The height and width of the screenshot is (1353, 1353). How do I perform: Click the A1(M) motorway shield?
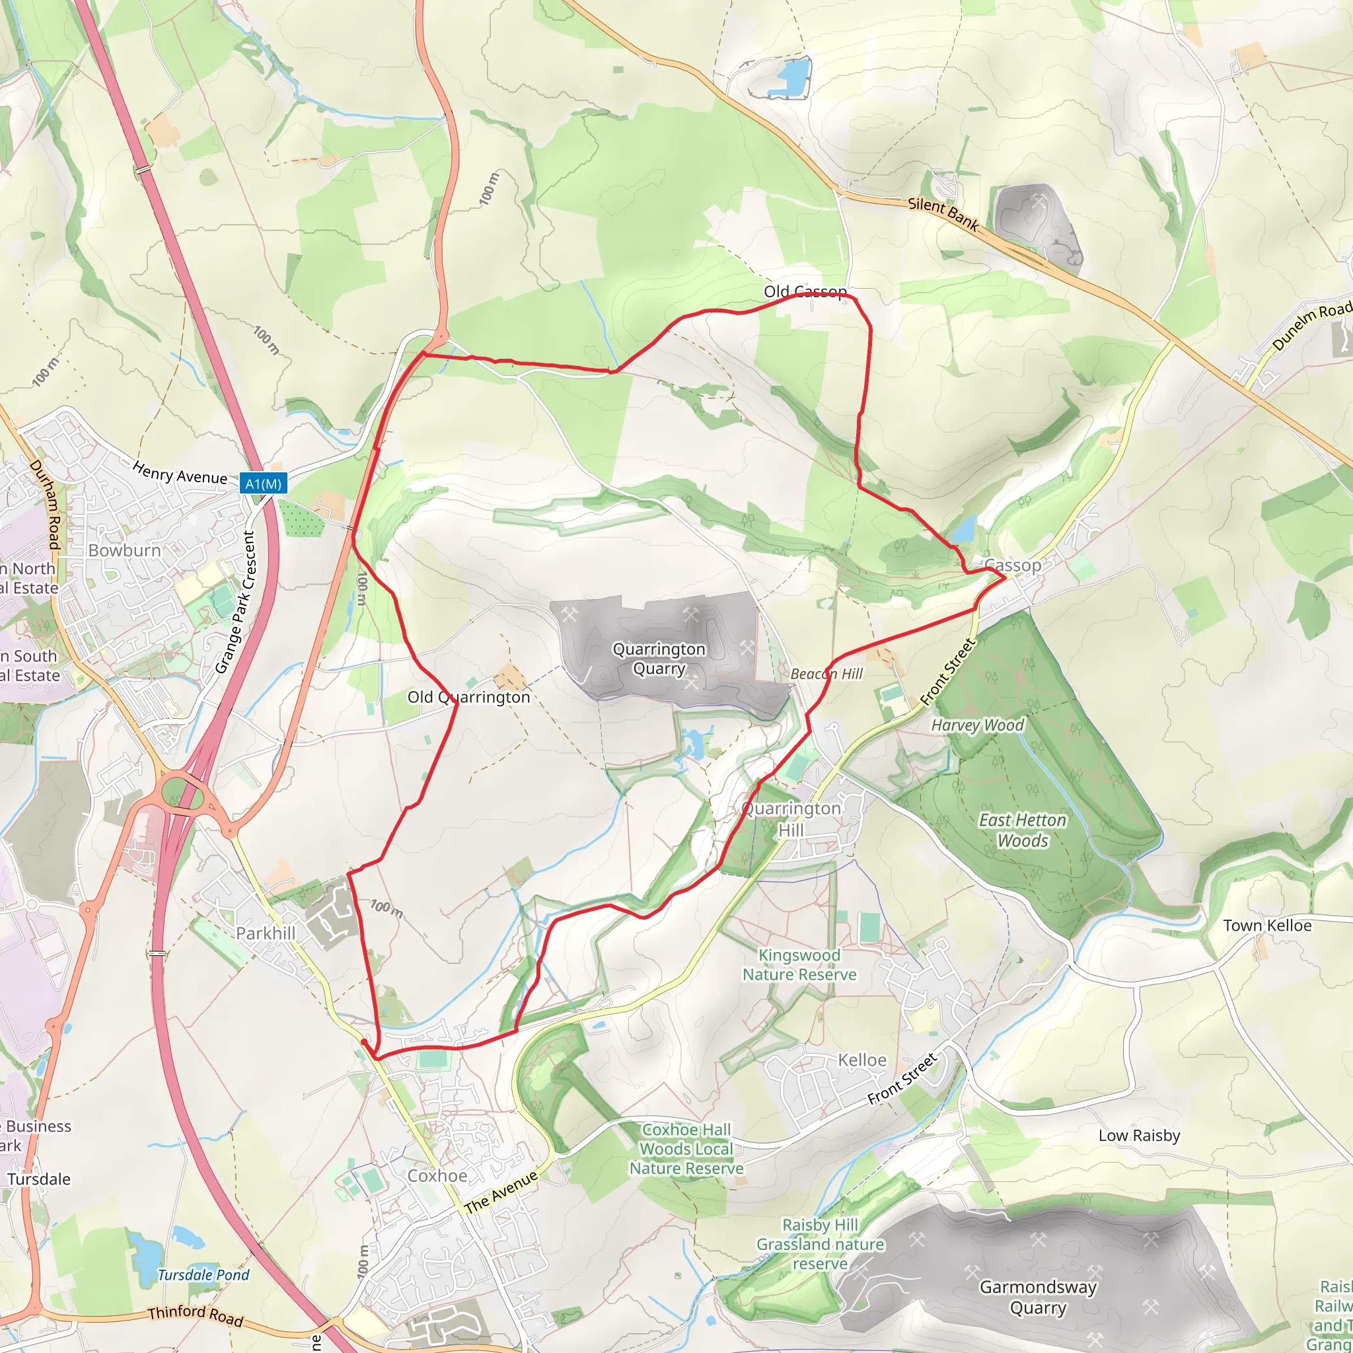point(264,483)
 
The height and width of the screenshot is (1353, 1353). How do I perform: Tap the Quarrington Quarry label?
point(658,658)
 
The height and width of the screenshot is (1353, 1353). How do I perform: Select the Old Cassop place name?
point(805,291)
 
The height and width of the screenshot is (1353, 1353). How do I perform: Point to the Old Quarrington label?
point(468,697)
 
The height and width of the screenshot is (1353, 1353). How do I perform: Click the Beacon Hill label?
point(826,674)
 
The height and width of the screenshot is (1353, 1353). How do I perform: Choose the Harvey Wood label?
point(977,725)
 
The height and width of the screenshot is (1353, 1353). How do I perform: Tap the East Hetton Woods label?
point(1023,830)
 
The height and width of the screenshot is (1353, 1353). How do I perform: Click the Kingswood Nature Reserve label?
point(799,965)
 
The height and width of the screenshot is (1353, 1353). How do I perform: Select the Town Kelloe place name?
point(1267,925)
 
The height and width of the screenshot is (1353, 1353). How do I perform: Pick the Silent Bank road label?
point(943,213)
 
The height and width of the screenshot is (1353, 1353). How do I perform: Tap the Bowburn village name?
point(125,550)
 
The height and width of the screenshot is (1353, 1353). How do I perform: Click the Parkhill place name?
point(266,933)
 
